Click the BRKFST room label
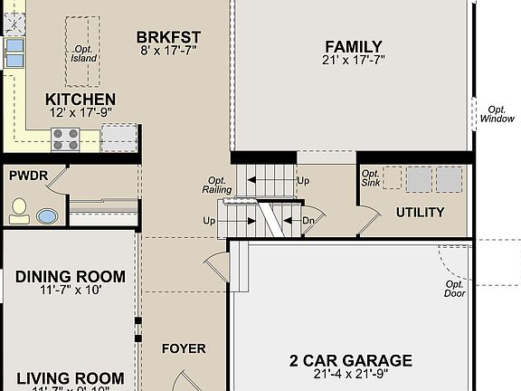click(x=168, y=37)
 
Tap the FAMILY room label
click(x=354, y=47)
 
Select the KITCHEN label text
click(x=81, y=100)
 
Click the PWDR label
click(x=28, y=175)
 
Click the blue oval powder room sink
click(x=46, y=216)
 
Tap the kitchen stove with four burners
click(x=66, y=138)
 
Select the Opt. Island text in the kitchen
click(x=83, y=53)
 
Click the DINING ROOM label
click(x=71, y=277)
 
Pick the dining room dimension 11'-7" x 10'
click(x=71, y=291)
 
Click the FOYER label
click(x=184, y=348)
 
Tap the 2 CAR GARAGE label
click(x=351, y=360)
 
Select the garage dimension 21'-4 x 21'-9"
click(x=351, y=375)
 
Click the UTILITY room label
click(x=420, y=213)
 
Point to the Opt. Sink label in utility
click(x=370, y=178)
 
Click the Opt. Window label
click(x=497, y=113)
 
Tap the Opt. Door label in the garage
click(x=454, y=289)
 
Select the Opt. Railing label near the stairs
click(x=217, y=185)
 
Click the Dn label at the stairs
click(x=308, y=221)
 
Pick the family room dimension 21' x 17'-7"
click(x=354, y=62)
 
